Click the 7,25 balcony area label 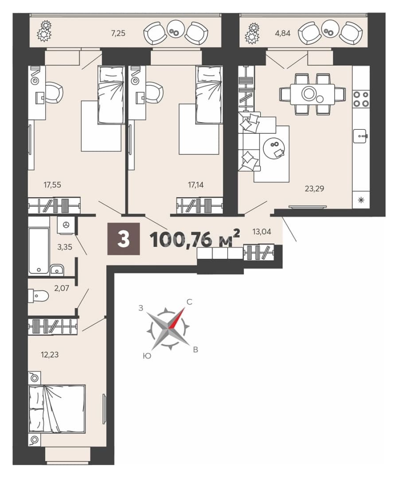[x=118, y=33]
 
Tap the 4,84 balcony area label [x=283, y=33]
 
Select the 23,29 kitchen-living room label [x=314, y=189]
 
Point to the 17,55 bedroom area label [x=52, y=185]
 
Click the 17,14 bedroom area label [x=195, y=185]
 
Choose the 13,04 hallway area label [x=261, y=231]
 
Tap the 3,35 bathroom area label [x=65, y=247]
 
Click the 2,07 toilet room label [x=61, y=288]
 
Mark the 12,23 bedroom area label [x=50, y=355]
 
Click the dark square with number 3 [x=124, y=239]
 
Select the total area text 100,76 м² [x=195, y=239]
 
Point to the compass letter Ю [x=147, y=356]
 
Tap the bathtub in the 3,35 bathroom [x=39, y=251]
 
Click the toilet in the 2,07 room [x=39, y=295]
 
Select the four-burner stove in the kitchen [x=361, y=99]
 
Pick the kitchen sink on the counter [x=361, y=136]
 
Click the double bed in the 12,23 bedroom [x=57, y=408]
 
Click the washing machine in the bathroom [x=66, y=225]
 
